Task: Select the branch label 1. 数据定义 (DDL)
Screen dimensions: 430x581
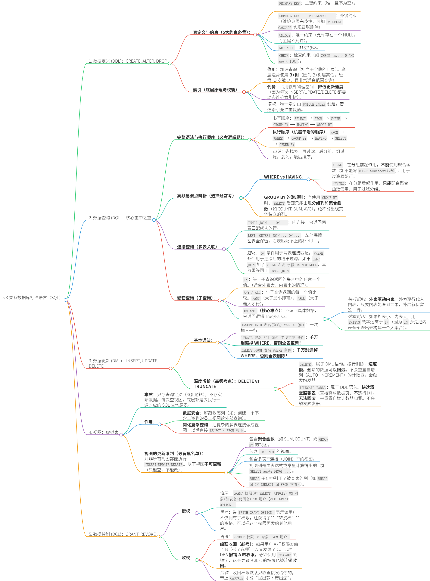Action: pyautogui.click(x=128, y=61)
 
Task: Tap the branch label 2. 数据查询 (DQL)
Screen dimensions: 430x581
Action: pyautogui.click(x=120, y=218)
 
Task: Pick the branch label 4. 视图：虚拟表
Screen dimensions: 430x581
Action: pyautogui.click(x=103, y=432)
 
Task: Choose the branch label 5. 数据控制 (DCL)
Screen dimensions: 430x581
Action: pyautogui.click(x=122, y=534)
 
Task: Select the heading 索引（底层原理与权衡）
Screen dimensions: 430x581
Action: pyautogui.click(x=216, y=90)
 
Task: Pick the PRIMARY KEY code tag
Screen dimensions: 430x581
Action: pyautogui.click(x=289, y=3)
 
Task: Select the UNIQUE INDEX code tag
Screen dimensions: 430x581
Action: pyautogui.click(x=314, y=104)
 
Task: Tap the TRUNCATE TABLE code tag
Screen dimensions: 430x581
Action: pyautogui.click(x=312, y=388)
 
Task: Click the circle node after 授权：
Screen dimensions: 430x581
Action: pyautogui.click(x=197, y=513)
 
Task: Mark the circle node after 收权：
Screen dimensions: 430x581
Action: pyautogui.click(x=197, y=560)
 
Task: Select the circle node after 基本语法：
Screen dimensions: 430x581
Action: pyautogui.click(x=217, y=343)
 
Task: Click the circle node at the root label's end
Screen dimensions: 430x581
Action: pyautogui.click(x=66, y=300)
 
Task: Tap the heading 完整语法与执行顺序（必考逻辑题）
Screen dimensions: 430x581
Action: pyautogui.click(x=210, y=137)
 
